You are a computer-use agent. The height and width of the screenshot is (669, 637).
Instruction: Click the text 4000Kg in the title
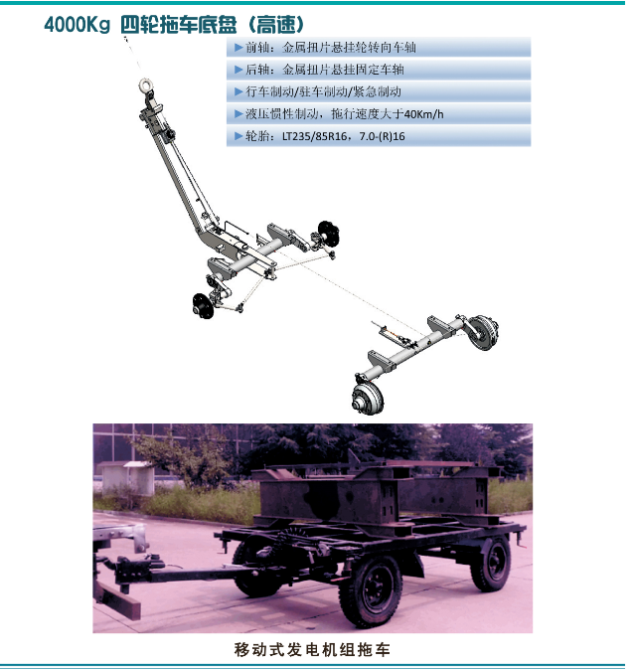[x=77, y=24]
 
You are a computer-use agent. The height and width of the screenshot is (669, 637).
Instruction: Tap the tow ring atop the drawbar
[x=145, y=84]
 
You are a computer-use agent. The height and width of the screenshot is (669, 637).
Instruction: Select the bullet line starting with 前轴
[x=331, y=48]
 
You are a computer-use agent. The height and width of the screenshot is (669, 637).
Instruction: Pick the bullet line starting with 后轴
[x=325, y=70]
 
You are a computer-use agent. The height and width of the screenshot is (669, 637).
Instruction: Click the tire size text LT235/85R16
[x=314, y=136]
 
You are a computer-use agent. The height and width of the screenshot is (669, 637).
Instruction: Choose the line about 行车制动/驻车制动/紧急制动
[x=323, y=91]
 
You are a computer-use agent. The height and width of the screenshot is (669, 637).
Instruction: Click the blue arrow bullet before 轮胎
[x=239, y=136]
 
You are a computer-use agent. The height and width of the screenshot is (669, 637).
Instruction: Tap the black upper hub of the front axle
[x=329, y=234]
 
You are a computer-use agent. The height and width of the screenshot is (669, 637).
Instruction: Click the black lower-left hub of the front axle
[x=203, y=306]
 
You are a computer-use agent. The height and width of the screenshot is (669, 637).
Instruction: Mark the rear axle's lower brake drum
[x=368, y=398]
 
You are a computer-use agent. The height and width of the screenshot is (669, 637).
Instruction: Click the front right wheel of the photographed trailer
[x=371, y=589]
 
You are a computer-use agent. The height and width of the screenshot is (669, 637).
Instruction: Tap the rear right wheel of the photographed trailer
[x=491, y=564]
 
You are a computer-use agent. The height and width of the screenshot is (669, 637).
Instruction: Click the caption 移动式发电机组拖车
[x=312, y=649]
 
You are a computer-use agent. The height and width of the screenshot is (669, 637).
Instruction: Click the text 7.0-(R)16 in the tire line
[x=382, y=136]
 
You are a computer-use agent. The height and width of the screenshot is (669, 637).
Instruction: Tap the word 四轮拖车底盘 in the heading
[x=178, y=24]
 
